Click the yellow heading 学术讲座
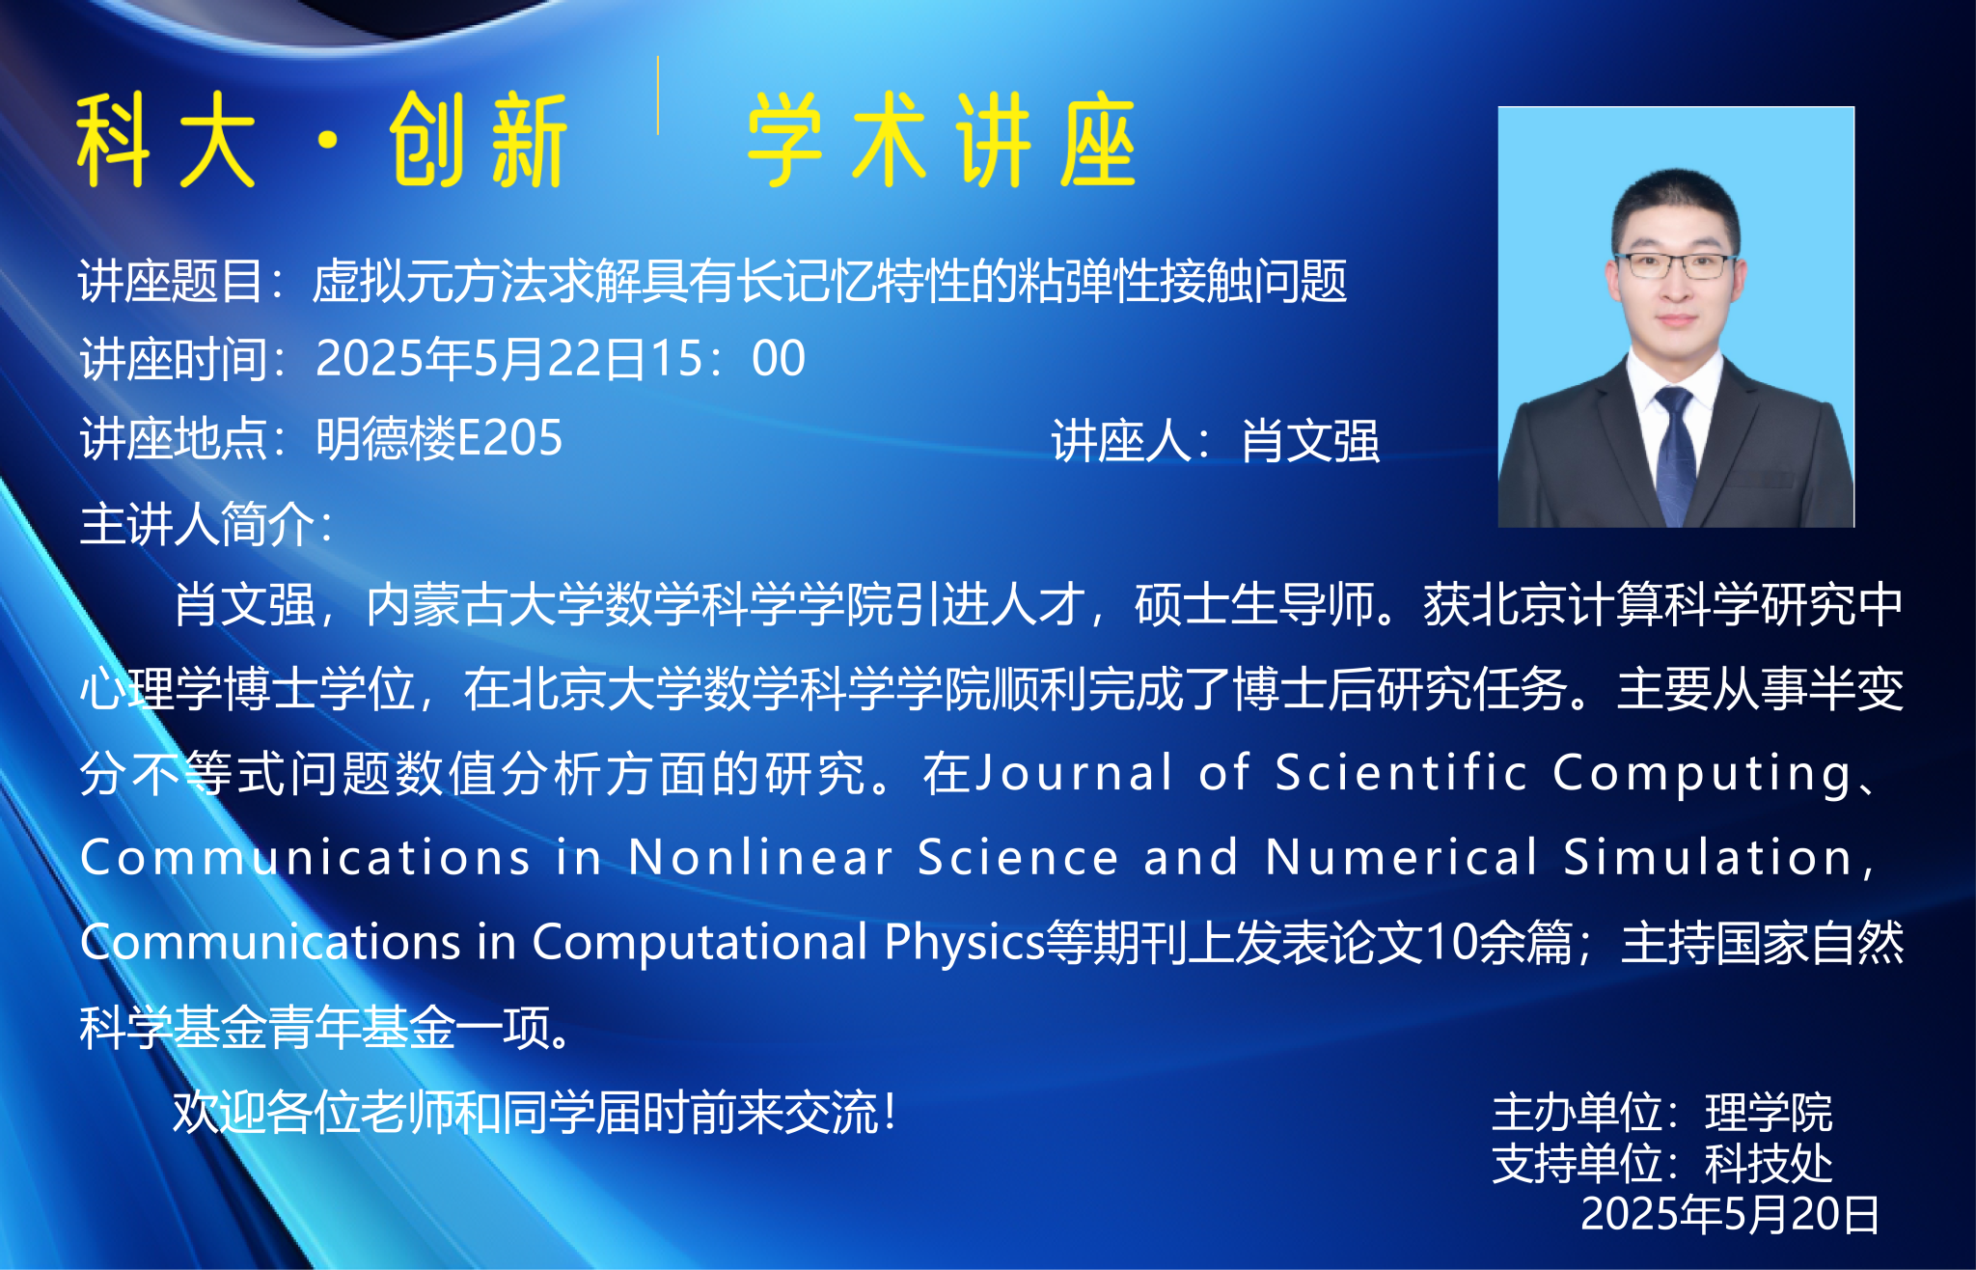click(941, 140)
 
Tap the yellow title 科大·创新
click(321, 140)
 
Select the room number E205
click(509, 438)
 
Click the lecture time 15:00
click(728, 359)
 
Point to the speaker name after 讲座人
click(1310, 441)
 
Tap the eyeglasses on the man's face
click(1675, 265)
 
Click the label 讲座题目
click(171, 282)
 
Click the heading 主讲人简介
click(197, 524)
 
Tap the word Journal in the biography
click(1074, 773)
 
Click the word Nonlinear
click(761, 857)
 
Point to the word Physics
click(965, 943)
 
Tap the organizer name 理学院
click(1769, 1113)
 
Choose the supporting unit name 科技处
click(1769, 1164)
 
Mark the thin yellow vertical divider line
click(658, 95)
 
